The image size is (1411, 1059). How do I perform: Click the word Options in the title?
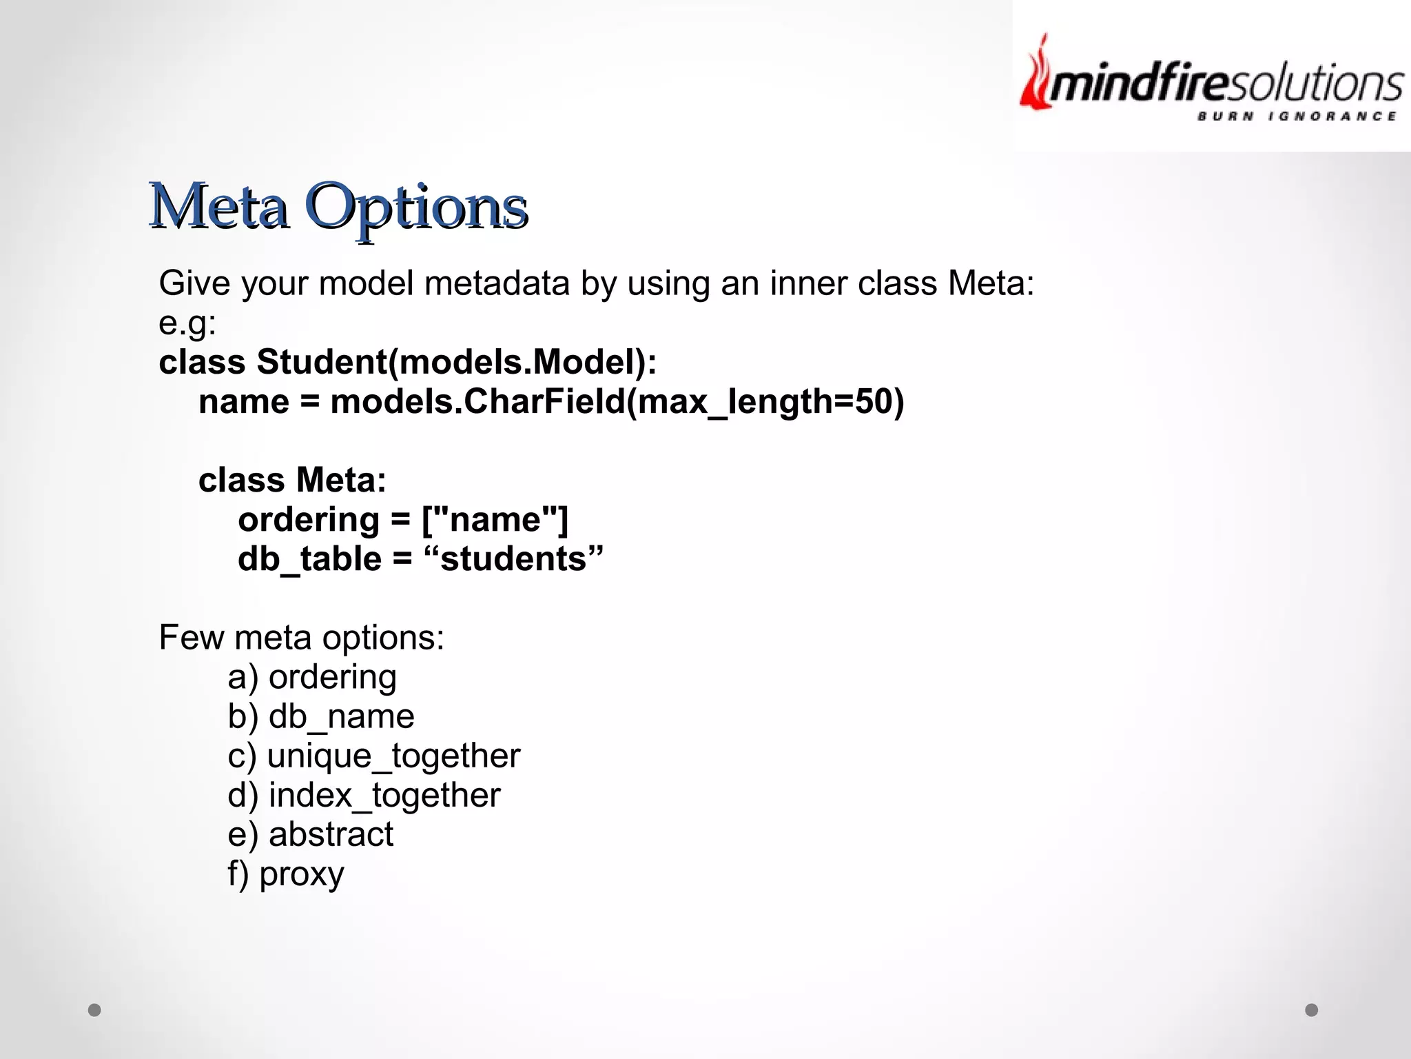click(x=416, y=207)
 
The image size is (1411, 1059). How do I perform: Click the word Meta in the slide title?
click(x=219, y=207)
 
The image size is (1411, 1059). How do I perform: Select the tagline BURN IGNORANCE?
click(x=1297, y=117)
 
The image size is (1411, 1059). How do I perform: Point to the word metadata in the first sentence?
click(x=497, y=283)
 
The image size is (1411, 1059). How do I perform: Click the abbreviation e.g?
click(x=187, y=323)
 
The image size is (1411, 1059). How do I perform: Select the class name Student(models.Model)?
click(x=456, y=362)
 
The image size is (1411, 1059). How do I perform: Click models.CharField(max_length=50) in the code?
click(x=617, y=401)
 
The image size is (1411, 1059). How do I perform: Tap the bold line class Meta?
click(x=292, y=480)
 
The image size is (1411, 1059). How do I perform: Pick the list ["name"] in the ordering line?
click(x=495, y=519)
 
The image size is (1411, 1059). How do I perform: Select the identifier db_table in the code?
click(x=309, y=558)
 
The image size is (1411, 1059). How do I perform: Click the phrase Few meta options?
click(x=301, y=637)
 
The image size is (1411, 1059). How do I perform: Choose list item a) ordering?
click(x=312, y=677)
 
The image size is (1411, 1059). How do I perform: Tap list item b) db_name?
click(x=321, y=716)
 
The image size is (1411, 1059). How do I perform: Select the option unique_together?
click(x=393, y=756)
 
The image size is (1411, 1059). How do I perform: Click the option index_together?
click(x=384, y=795)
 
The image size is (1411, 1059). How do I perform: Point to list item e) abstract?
click(x=310, y=834)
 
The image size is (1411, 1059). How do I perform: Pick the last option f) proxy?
click(x=286, y=874)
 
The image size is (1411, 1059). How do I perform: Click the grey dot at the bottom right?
click(x=1311, y=1010)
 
